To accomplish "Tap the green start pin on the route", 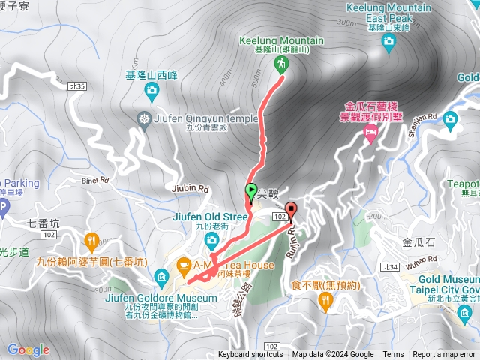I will coord(251,190).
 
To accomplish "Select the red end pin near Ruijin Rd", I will coord(291,210).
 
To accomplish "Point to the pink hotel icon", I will coord(370,133).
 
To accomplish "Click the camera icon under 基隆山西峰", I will coord(152,92).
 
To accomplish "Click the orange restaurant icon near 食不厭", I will coord(325,301).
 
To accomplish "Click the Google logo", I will coord(28,349).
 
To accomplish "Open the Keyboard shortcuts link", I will coord(250,355).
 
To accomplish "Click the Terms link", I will coord(393,355).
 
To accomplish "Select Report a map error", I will coord(444,355).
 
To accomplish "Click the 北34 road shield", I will coord(389,267).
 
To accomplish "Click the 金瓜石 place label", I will coord(418,242).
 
